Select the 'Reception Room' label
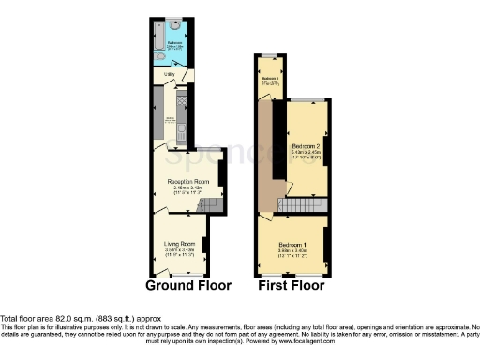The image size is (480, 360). coord(187,181)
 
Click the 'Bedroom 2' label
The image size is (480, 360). coord(307,148)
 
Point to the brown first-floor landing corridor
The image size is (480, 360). coord(267,159)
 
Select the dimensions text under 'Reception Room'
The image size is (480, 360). coord(187,188)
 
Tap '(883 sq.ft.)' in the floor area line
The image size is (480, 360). coord(118,317)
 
